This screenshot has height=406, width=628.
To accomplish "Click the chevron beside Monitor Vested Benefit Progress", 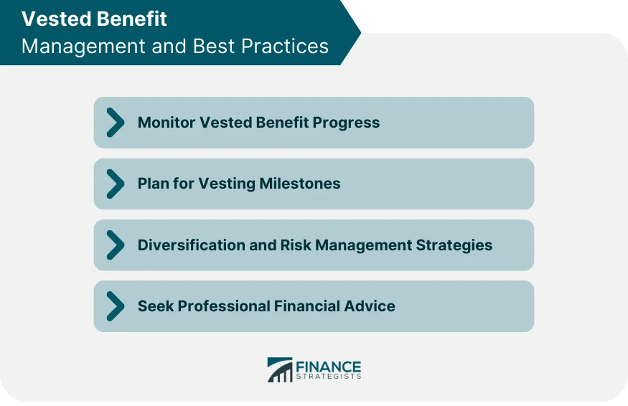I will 115,123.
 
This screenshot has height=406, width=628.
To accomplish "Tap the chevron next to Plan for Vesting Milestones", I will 115,184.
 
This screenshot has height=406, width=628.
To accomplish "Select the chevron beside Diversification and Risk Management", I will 115,245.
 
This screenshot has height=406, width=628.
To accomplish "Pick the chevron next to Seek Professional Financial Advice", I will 115,306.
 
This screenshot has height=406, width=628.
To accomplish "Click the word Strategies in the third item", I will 454,245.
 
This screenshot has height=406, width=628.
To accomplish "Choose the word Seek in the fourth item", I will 155,306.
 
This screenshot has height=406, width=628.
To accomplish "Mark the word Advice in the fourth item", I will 370,306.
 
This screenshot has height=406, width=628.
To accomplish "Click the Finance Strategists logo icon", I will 280,369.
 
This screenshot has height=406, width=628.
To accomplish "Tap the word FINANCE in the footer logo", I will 328,366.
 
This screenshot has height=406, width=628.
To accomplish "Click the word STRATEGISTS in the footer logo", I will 328,377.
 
